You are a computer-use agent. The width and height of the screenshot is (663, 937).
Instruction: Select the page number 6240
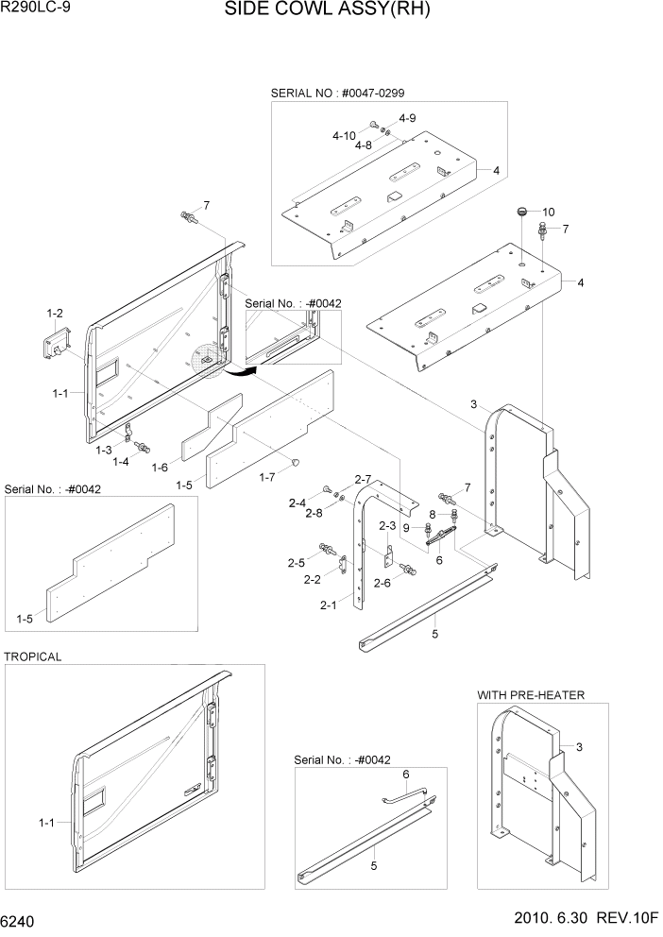tap(22, 920)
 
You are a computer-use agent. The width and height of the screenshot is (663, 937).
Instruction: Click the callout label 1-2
tap(55, 313)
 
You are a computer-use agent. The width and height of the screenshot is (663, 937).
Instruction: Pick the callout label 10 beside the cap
tap(548, 212)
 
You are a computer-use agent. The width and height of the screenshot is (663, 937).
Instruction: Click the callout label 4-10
tap(346, 136)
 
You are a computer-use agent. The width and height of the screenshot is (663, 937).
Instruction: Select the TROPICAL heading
tap(33, 656)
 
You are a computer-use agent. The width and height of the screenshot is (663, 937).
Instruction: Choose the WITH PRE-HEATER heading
tap(530, 695)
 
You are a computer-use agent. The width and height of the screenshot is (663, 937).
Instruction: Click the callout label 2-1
tap(329, 605)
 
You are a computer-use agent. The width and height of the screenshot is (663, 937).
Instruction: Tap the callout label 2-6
tap(382, 583)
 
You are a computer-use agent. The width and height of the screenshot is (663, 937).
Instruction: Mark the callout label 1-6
tap(161, 468)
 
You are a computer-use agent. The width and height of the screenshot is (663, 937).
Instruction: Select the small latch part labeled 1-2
tap(53, 343)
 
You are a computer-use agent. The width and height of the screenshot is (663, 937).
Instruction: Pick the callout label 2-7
tap(364, 479)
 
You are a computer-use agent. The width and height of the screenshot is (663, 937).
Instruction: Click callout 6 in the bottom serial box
tap(405, 775)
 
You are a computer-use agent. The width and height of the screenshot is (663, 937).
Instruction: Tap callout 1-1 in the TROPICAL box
tap(46, 823)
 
